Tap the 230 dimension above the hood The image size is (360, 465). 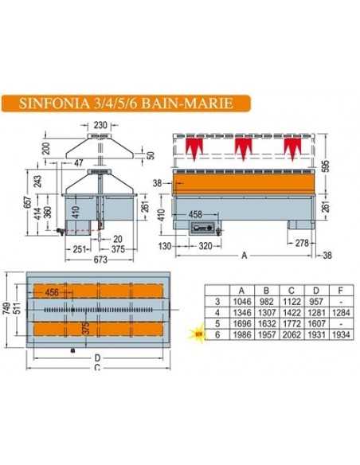(x=100, y=124)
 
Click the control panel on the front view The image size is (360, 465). (x=204, y=229)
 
